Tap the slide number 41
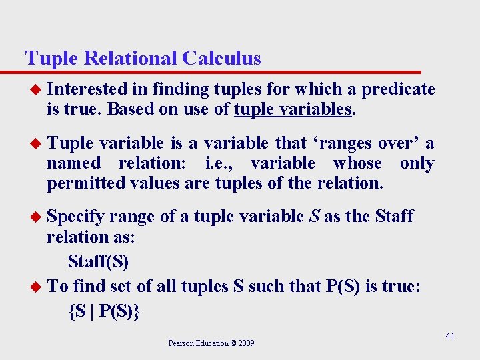pos(450,336)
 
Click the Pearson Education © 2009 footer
pos(211,343)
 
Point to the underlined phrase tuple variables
pos(293,109)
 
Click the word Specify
pos(75,216)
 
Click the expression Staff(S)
pos(98,261)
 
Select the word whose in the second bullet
pos(357,163)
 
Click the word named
pos(73,163)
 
